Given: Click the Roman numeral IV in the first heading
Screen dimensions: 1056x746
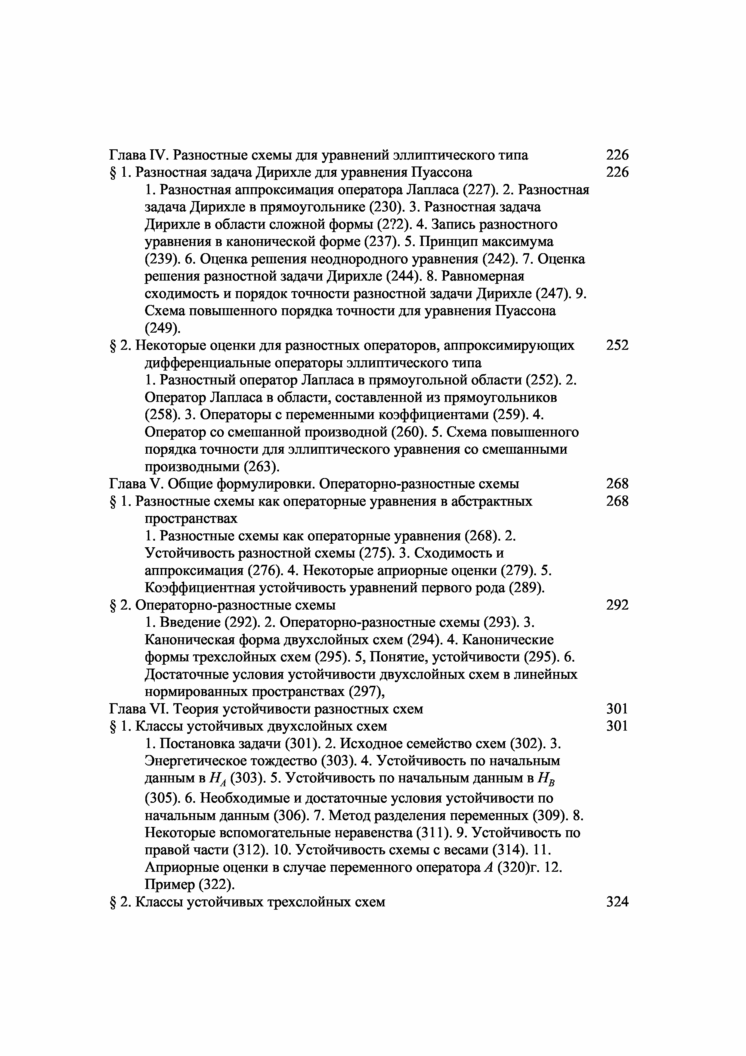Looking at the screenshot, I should pyautogui.click(x=159, y=155).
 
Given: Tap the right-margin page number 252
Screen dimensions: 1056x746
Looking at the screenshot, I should pyautogui.click(x=617, y=345).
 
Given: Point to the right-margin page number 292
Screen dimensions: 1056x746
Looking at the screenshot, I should pyautogui.click(x=617, y=605).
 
